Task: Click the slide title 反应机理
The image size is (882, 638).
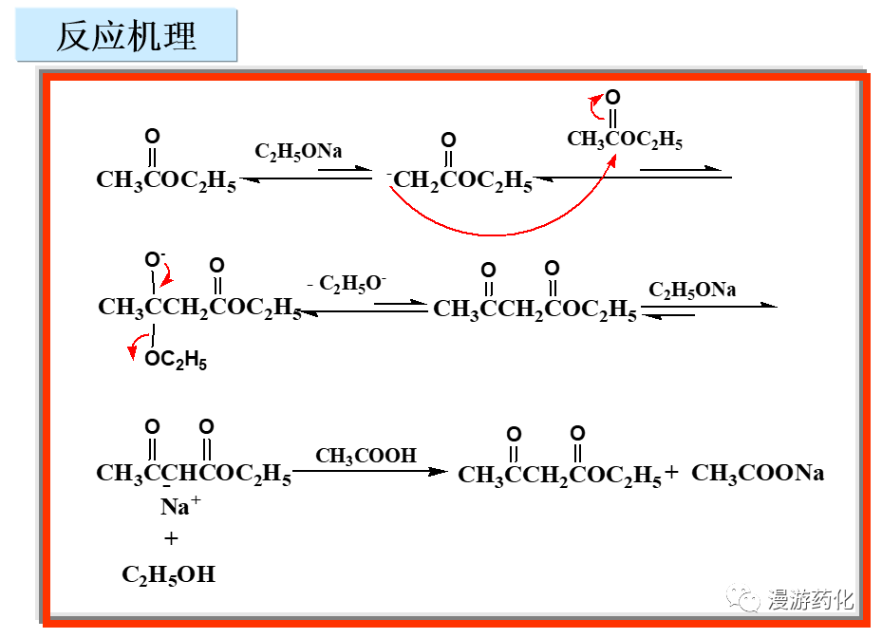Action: coord(126,36)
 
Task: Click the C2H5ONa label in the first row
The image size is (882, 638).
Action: coord(298,151)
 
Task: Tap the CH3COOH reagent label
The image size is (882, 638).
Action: coord(366,456)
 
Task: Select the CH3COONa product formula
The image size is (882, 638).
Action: coord(758,474)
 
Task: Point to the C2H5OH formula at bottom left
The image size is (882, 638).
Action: coord(168,574)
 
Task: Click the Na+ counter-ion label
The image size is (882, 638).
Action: coord(179,506)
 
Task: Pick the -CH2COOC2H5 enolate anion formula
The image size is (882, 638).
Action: coord(460,179)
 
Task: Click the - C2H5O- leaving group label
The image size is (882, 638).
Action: coord(347,283)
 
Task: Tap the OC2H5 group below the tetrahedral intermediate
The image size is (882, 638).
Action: coord(176,361)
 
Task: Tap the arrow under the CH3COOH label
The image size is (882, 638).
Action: coord(368,471)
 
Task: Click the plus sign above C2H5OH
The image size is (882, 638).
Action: coord(171,539)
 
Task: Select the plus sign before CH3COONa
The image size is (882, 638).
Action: coord(672,473)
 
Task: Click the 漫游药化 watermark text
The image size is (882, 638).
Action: coord(810,600)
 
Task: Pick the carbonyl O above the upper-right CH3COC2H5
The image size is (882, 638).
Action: coord(613,97)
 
